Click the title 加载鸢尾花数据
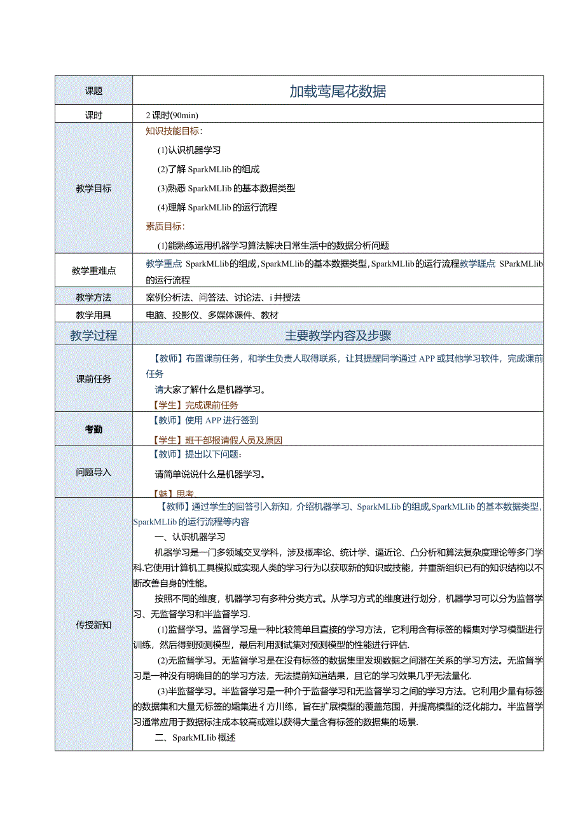coord(338,91)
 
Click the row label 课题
coord(93,91)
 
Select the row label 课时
coord(93,116)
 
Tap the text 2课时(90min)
coord(172,116)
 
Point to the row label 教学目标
coord(93,189)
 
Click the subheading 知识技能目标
coord(174,132)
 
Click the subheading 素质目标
coord(165,226)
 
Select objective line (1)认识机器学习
coord(189,151)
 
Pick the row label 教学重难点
coord(93,271)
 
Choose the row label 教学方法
coord(93,297)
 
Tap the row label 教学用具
coord(93,315)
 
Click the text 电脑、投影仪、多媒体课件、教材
coord(212,315)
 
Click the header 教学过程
coord(93,336)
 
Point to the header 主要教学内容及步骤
coord(338,336)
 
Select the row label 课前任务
coord(93,379)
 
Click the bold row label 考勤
coord(93,430)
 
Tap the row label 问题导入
coord(93,472)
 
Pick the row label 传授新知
coord(93,625)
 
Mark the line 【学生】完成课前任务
coord(195,406)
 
